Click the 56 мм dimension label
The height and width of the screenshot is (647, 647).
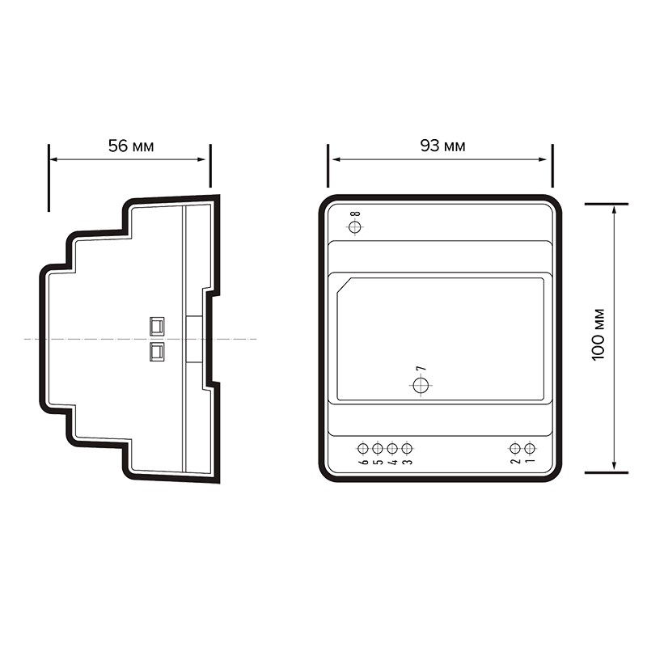131,146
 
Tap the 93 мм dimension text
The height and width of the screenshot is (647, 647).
442,146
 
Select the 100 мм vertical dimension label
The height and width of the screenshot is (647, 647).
598,335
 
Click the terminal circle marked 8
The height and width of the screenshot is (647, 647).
355,227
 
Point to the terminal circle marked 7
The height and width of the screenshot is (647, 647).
421,386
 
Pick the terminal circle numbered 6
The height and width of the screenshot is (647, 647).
362,448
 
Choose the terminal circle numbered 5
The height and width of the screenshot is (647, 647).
378,448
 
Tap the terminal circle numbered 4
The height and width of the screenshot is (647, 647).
392,448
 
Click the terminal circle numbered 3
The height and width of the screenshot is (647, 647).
407,448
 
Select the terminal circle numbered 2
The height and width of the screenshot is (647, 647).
515,448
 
